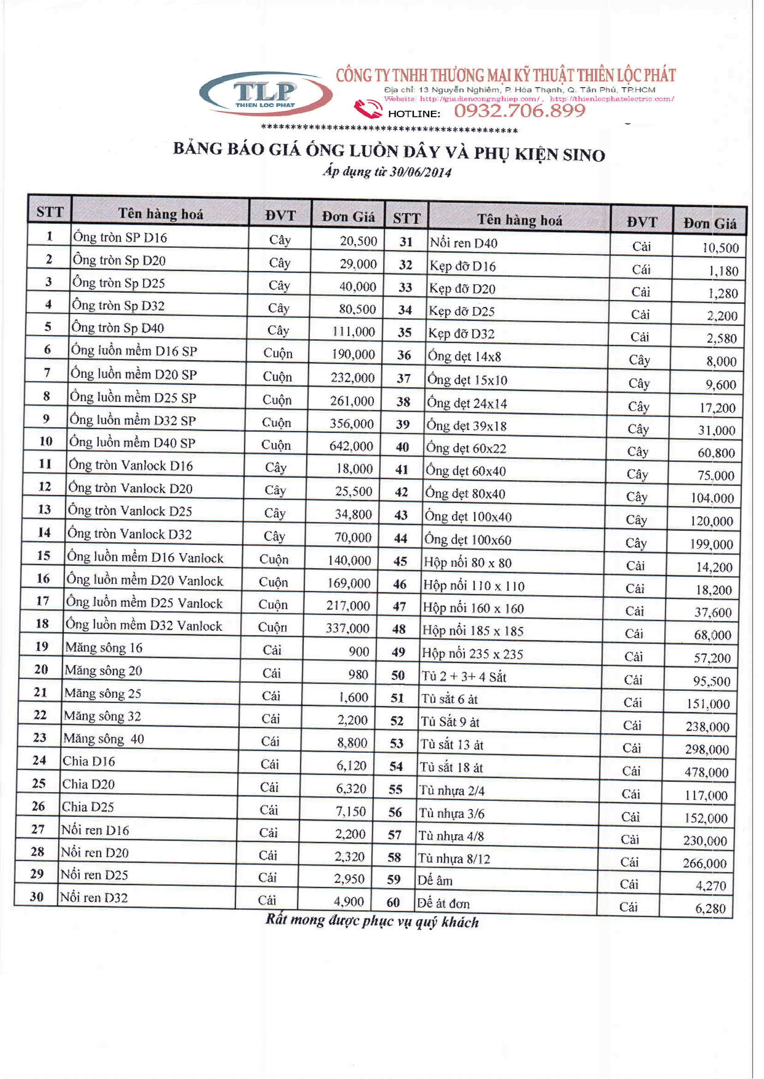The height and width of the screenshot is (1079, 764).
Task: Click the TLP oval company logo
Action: (266, 94)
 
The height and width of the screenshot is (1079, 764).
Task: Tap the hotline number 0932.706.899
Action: (520, 111)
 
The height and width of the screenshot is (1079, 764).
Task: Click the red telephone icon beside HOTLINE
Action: (368, 109)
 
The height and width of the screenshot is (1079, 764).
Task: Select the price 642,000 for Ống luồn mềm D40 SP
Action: (351, 446)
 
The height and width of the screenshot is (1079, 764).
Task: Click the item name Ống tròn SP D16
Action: (120, 238)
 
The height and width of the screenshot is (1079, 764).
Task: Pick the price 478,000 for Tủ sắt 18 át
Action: (707, 772)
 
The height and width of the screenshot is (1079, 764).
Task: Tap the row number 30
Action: (37, 896)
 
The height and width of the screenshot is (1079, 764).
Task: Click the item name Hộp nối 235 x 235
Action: (472, 654)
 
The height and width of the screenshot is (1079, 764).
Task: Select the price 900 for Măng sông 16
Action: (358, 651)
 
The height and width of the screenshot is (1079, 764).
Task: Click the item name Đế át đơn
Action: (444, 904)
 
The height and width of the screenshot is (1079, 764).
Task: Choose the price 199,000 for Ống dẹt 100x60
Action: (711, 545)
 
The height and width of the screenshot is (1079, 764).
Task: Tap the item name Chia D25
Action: (88, 807)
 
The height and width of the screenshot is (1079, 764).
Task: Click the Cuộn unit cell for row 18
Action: (273, 627)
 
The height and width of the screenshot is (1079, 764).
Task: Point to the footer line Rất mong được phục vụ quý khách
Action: (372, 921)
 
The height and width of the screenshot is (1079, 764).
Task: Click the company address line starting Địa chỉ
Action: (519, 90)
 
